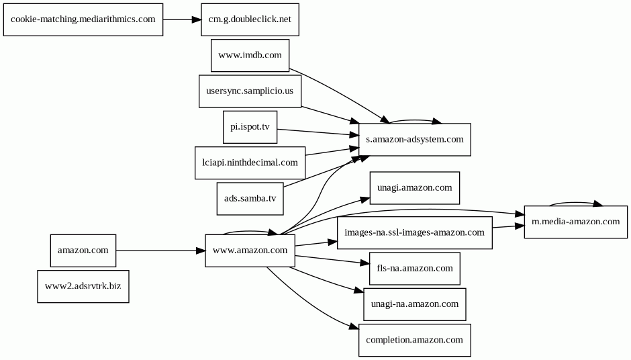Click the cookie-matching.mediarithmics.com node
(x=83, y=19)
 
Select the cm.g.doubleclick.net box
(x=250, y=19)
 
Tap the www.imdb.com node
(x=250, y=55)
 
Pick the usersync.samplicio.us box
(x=250, y=91)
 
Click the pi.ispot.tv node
(x=250, y=127)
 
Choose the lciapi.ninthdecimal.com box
(x=250, y=163)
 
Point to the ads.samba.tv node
(x=250, y=198)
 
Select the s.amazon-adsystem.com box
(x=414, y=140)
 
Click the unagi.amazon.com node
(x=414, y=187)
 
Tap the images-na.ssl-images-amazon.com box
(x=414, y=233)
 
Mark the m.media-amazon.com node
(x=575, y=222)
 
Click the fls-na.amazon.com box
(x=414, y=269)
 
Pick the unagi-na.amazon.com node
(x=414, y=304)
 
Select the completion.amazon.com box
(x=414, y=340)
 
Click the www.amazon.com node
(x=250, y=251)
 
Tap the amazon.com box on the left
(x=83, y=251)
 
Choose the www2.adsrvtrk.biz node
(x=83, y=286)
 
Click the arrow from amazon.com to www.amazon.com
(x=160, y=251)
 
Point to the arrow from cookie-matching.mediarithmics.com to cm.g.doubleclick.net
(x=182, y=19)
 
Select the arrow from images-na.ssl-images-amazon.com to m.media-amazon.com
(x=508, y=227)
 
